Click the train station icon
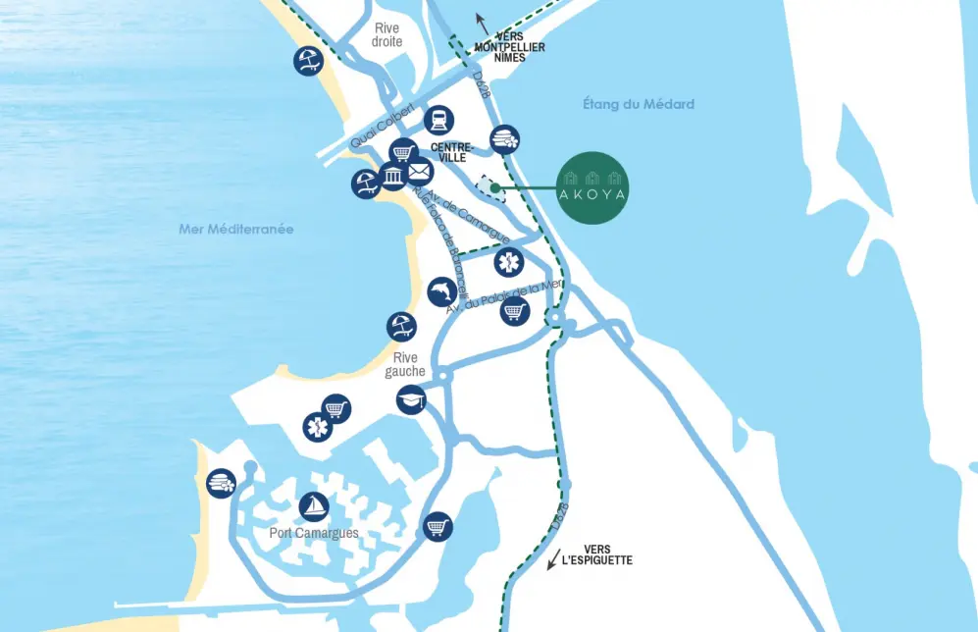(x=438, y=120)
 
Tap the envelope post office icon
(x=419, y=173)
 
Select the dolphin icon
(x=442, y=292)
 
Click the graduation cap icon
(x=411, y=399)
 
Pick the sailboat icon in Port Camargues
(x=313, y=507)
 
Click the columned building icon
(x=392, y=177)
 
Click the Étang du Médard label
(x=638, y=104)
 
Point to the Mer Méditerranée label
(x=236, y=229)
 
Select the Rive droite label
(x=387, y=35)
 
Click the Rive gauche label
(x=404, y=365)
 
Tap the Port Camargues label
(x=313, y=534)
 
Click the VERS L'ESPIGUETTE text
(x=597, y=555)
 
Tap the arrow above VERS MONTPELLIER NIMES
(x=481, y=22)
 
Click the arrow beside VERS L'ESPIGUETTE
(x=554, y=557)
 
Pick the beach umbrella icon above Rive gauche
(x=400, y=326)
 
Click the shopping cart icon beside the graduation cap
(x=336, y=407)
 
